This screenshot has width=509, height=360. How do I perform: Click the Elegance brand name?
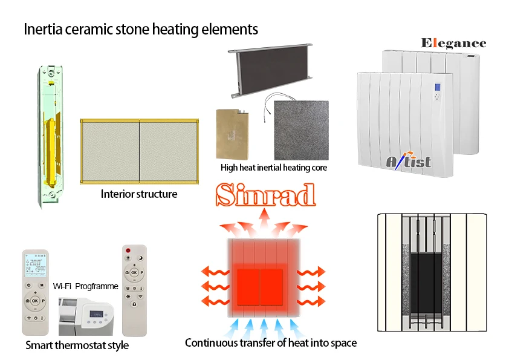[453, 43]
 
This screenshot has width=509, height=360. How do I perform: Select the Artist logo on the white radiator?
[409, 160]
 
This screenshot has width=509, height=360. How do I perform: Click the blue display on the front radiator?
[438, 95]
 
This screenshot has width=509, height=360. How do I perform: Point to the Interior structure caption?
[139, 194]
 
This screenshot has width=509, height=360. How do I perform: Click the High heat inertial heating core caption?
[274, 168]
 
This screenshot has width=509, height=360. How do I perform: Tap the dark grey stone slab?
[301, 129]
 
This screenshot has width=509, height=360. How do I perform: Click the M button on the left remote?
[42, 285]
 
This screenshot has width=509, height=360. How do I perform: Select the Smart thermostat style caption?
[77, 346]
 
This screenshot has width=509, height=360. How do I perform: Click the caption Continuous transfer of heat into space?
[271, 343]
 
